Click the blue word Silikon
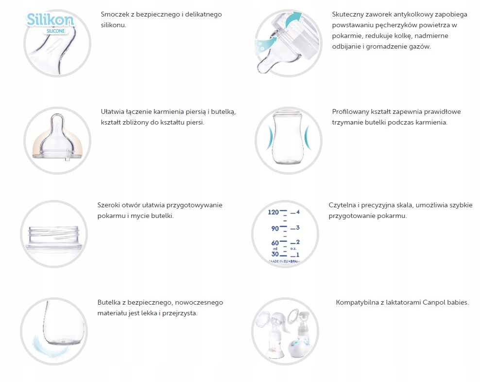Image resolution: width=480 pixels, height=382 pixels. pyautogui.click(x=50, y=19)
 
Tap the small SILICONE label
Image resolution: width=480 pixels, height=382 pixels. pyautogui.click(x=55, y=31)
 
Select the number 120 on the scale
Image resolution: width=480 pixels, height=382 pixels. pyautogui.click(x=273, y=212)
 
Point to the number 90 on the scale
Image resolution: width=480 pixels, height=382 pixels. pyautogui.click(x=275, y=228)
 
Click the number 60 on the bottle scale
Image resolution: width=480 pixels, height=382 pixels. pyautogui.click(x=275, y=243)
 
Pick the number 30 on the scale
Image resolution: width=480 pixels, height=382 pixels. pyautogui.click(x=275, y=254)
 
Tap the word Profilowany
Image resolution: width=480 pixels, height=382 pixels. pyautogui.click(x=350, y=111)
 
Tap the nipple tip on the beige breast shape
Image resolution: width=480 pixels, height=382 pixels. pyautogui.click(x=57, y=119)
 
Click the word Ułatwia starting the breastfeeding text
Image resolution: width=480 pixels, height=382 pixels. pyautogui.click(x=111, y=111)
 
